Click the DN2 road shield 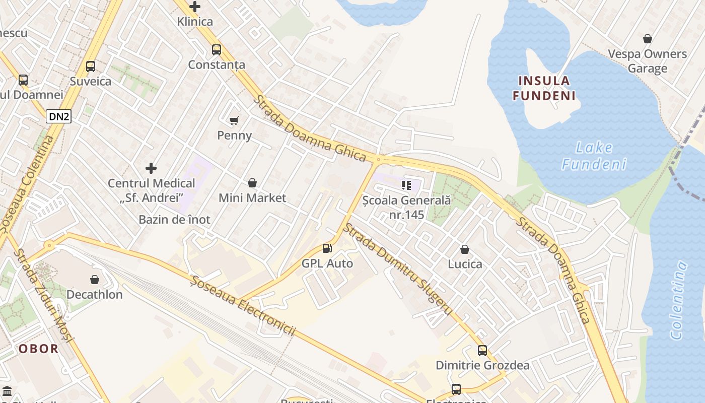tap(59, 116)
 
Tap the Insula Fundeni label tap(544, 88)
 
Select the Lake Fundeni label tap(594, 156)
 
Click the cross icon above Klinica tap(195, 7)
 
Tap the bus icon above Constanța tap(217, 49)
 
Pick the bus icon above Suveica tap(91, 66)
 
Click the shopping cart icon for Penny tap(234, 120)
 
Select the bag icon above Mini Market tap(252, 183)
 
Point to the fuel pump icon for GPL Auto tap(327, 248)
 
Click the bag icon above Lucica tap(465, 249)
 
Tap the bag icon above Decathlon tap(95, 279)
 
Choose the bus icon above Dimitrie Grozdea tap(482, 350)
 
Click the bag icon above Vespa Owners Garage tap(648, 39)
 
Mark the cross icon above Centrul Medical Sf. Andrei tap(151, 168)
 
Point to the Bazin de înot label tap(174, 220)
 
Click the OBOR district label tap(38, 349)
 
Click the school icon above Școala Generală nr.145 tap(406, 185)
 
